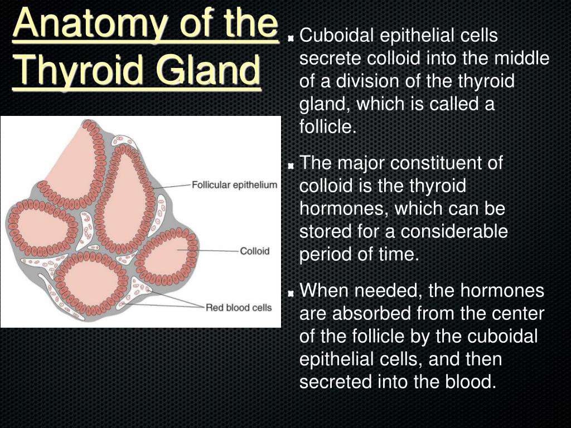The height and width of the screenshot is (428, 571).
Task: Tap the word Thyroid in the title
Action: (79, 70)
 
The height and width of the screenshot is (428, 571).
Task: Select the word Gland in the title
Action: (208, 69)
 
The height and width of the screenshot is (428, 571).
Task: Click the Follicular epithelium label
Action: (235, 185)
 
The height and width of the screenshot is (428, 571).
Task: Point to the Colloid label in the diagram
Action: (254, 251)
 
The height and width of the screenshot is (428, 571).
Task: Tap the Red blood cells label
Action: (239, 308)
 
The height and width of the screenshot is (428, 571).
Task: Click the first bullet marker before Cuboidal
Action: (291, 38)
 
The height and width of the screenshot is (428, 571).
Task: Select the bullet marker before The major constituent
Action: (291, 166)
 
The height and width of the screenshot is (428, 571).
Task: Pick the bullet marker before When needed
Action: (291, 293)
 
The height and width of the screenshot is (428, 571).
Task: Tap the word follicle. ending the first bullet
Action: (327, 127)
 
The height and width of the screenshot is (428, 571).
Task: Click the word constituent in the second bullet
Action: (446, 163)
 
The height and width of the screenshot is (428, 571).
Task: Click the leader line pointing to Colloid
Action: (209, 251)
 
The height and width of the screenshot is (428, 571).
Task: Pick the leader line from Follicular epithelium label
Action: (172, 186)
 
